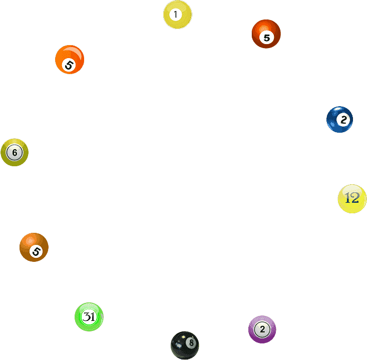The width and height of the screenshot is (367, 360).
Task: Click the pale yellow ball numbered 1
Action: [177, 15]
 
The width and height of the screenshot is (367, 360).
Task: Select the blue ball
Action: [339, 119]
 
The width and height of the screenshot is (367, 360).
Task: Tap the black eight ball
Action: [185, 345]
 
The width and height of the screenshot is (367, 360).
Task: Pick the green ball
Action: [89, 317]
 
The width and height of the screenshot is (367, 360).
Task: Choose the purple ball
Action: [262, 329]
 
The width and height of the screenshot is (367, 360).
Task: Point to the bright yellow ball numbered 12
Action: [352, 199]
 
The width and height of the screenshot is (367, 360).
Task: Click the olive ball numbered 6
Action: [15, 152]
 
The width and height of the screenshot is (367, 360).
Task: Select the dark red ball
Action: [266, 34]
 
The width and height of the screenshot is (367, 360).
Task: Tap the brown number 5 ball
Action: [34, 247]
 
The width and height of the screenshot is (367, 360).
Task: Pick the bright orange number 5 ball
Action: [70, 60]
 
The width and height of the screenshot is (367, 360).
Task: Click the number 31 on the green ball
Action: [89, 317]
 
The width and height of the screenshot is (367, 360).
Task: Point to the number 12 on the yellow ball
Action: [352, 198]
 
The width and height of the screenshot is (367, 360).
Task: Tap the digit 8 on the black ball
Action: [191, 342]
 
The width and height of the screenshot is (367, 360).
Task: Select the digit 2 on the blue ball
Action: [343, 120]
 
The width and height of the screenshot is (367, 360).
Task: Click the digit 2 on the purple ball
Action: [262, 329]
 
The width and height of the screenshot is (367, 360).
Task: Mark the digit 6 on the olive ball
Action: [15, 153]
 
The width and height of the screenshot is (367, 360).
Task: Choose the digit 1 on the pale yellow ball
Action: [176, 15]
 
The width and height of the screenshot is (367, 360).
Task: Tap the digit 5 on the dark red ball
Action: [267, 38]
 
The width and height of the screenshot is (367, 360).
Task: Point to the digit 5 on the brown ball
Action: [36, 252]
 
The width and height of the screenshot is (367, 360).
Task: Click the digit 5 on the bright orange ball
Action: [69, 65]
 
